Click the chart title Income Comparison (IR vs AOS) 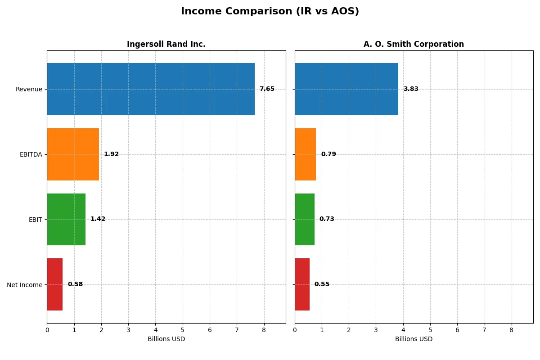click(270, 12)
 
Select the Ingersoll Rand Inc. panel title click(166, 44)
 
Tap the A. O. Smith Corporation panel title click(414, 44)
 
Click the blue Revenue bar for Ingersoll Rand click(151, 89)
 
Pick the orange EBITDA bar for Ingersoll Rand click(73, 154)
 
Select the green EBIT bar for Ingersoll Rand click(66, 219)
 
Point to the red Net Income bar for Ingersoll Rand click(55, 284)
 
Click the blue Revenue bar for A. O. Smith click(346, 89)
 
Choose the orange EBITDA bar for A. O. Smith click(306, 154)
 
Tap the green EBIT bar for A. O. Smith click(305, 219)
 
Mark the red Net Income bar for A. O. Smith click(302, 284)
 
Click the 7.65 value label click(267, 89)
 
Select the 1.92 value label click(111, 154)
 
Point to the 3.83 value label click(411, 89)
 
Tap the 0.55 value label click(322, 284)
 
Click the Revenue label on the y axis click(29, 89)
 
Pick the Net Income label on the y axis click(25, 284)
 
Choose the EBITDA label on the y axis click(31, 154)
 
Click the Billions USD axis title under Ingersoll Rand click(166, 339)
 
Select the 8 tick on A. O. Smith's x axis click(512, 330)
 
